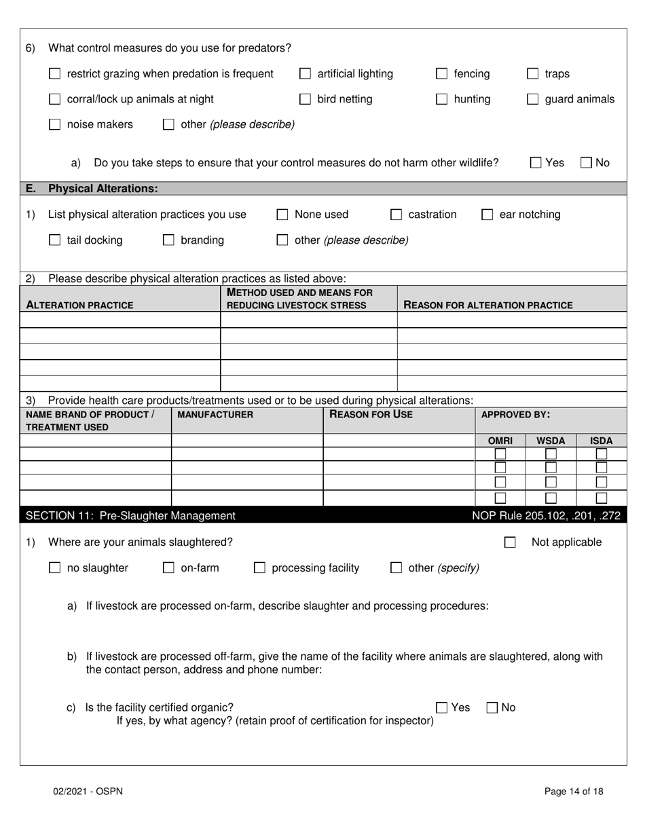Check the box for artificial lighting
click(x=306, y=74)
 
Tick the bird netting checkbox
click(x=306, y=100)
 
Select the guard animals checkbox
click(x=533, y=100)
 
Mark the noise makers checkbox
click(x=55, y=125)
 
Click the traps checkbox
click(x=533, y=74)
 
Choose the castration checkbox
click(x=396, y=215)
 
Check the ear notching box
click(x=487, y=215)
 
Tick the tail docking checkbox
click(x=55, y=240)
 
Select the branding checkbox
click(x=168, y=240)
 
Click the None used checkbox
click(x=282, y=215)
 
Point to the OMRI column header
click(x=500, y=441)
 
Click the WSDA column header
click(x=551, y=441)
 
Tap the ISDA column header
click(x=601, y=441)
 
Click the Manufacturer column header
click(x=215, y=415)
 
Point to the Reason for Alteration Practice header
click(x=488, y=305)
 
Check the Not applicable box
click(x=510, y=542)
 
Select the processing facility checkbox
click(x=259, y=568)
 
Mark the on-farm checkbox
click(x=168, y=568)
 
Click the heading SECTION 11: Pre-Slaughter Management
click(x=130, y=516)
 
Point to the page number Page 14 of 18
click(x=574, y=791)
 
